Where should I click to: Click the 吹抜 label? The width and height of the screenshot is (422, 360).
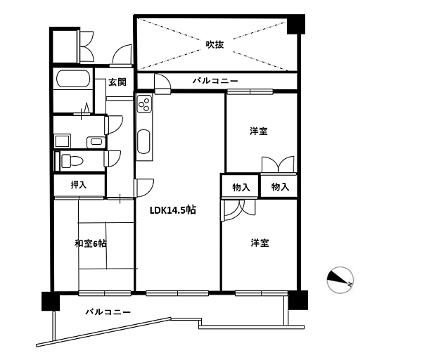pyautogui.click(x=215, y=44)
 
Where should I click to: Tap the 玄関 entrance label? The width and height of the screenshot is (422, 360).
pyautogui.click(x=117, y=82)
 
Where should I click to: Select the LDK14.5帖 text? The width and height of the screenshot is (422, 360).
pyautogui.click(x=172, y=210)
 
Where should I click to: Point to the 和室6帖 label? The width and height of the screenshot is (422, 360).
pyautogui.click(x=90, y=243)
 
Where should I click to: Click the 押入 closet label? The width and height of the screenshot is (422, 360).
pyautogui.click(x=79, y=186)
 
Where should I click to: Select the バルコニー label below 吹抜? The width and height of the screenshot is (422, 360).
pyautogui.click(x=215, y=82)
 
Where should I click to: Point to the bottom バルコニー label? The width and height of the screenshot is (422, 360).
pyautogui.click(x=108, y=311)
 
